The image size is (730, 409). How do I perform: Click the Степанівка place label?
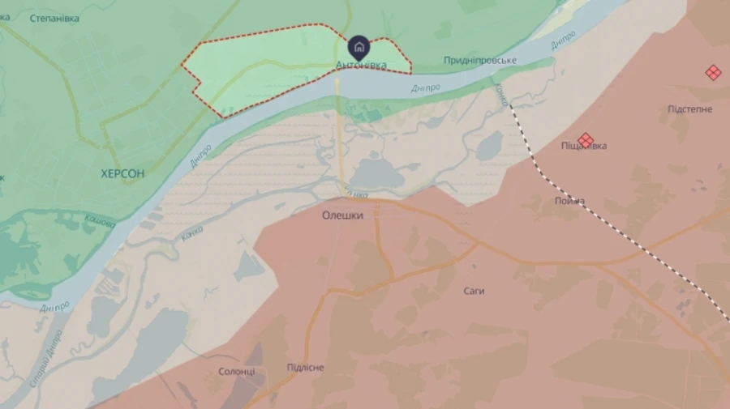(54, 18)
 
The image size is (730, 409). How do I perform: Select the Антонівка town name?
(360, 64)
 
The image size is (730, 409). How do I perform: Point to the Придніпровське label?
(480, 61)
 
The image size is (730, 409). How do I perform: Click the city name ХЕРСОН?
(122, 173)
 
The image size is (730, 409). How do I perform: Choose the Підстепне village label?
(690, 109)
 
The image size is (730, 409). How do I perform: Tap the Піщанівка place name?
(584, 146)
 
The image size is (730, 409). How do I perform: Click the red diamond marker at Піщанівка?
(585, 140)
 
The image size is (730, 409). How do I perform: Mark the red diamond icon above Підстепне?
(713, 73)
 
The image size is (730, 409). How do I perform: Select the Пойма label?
(570, 201)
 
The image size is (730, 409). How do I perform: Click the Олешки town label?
(343, 215)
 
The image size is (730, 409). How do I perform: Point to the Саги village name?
(474, 291)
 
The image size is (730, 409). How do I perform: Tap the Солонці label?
(237, 371)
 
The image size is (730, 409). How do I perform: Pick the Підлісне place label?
(305, 368)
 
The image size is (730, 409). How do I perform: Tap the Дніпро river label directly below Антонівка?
(426, 87)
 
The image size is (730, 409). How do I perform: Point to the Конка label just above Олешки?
(356, 194)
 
